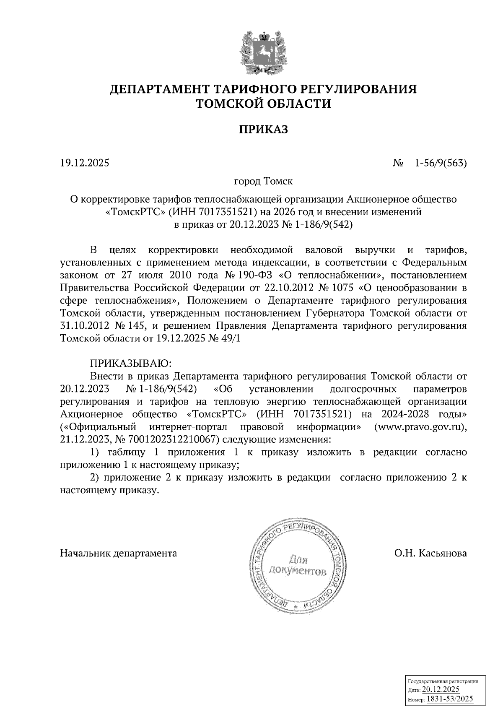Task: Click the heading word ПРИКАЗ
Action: tap(264, 129)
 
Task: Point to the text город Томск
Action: tap(263, 182)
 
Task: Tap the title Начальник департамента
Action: tap(119, 553)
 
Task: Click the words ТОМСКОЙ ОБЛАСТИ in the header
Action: tap(264, 104)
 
